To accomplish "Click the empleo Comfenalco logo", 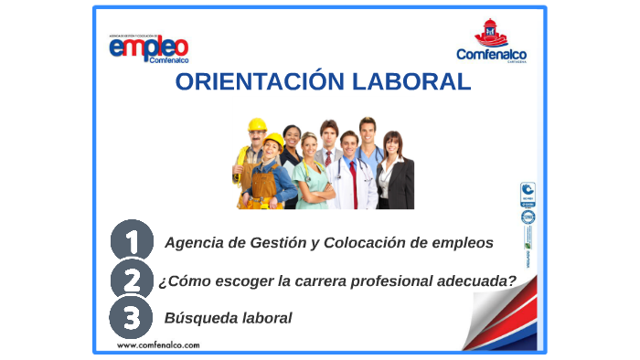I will (x=148, y=48).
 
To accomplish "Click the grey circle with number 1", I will (x=131, y=242).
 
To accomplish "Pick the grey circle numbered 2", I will (x=131, y=280).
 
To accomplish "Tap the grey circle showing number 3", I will (x=131, y=318).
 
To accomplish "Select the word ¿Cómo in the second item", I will (x=182, y=281).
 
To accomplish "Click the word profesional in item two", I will (x=389, y=281).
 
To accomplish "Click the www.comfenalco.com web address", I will (x=158, y=345).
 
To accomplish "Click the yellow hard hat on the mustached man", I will (x=257, y=124).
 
